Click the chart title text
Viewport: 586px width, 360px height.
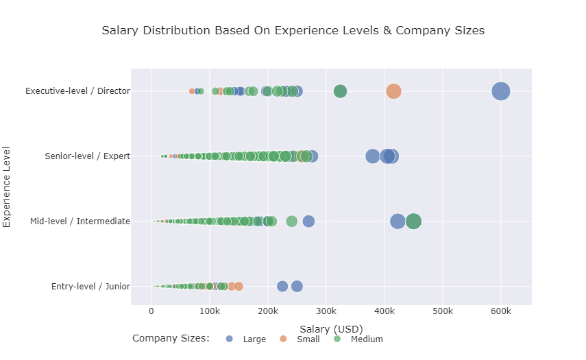(x=293, y=31)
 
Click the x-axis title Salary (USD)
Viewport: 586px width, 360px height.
(x=331, y=329)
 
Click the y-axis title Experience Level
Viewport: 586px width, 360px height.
(x=8, y=186)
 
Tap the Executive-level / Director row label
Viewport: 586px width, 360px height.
(x=77, y=91)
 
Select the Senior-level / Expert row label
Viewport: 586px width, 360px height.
(x=87, y=156)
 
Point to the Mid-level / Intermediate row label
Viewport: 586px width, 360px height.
(x=80, y=221)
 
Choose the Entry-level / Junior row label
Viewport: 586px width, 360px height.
(x=90, y=287)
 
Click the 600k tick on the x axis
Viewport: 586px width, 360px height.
(x=501, y=313)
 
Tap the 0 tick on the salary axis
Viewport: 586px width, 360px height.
(x=151, y=313)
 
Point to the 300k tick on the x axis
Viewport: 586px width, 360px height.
(x=326, y=313)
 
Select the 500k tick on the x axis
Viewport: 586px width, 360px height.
(x=443, y=313)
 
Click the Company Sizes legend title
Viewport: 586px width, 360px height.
(x=171, y=339)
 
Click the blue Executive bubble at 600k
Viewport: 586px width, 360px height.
(x=501, y=91)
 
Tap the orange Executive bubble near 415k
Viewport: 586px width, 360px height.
(x=393, y=91)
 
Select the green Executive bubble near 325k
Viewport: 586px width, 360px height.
(x=340, y=91)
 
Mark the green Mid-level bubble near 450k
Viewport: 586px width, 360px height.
(x=413, y=221)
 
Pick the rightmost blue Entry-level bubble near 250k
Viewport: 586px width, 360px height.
(x=297, y=287)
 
